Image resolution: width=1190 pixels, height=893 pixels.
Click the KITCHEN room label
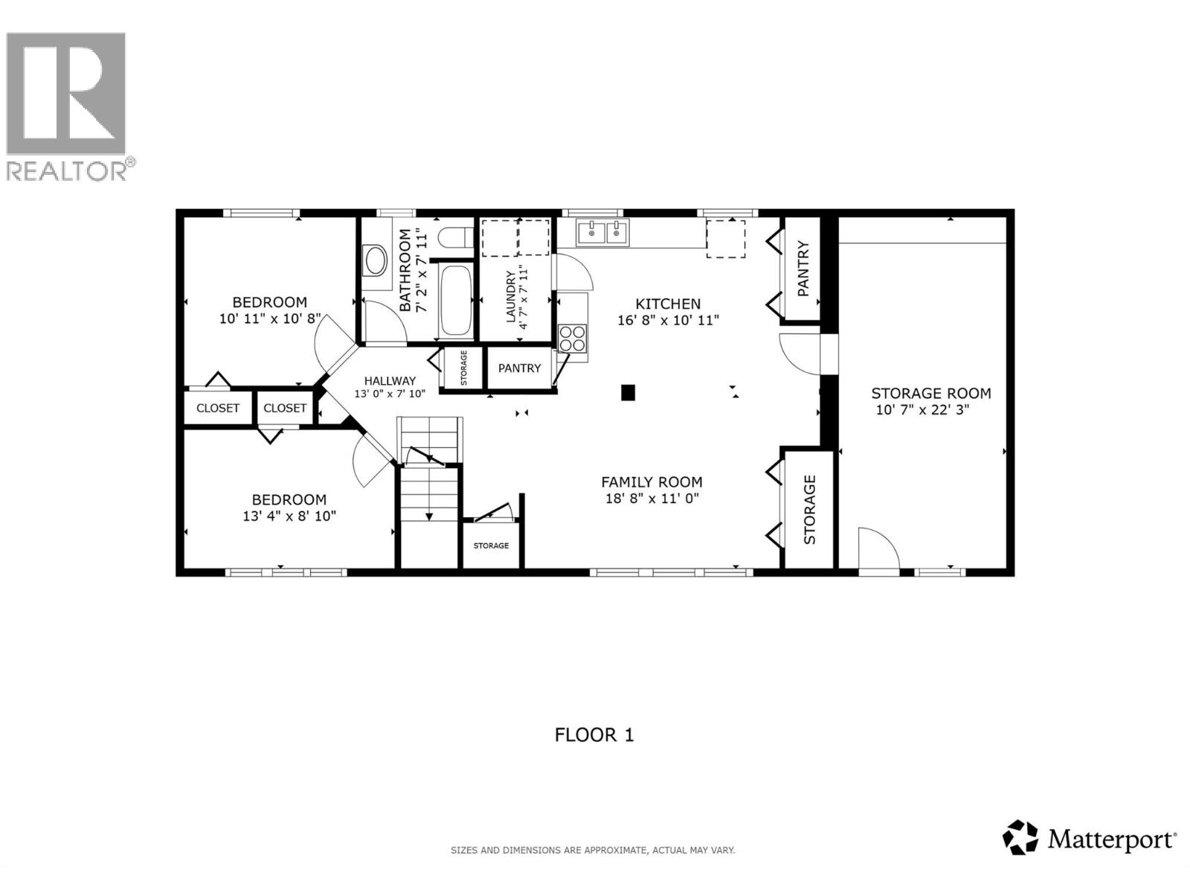tap(668, 304)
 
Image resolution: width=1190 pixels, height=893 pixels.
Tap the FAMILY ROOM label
tap(652, 482)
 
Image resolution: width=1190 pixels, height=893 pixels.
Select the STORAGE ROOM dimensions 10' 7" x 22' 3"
tap(922, 410)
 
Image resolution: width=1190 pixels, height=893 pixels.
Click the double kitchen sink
tap(603, 233)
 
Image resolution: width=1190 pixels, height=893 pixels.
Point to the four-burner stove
tap(573, 339)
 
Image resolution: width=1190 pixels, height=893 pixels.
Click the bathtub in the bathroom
tap(455, 301)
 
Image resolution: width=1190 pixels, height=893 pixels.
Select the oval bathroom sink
tap(375, 262)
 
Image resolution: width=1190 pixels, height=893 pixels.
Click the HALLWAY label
tap(390, 380)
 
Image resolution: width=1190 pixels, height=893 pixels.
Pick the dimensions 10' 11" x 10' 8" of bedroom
tap(269, 319)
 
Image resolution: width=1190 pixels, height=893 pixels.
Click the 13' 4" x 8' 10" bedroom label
tap(289, 500)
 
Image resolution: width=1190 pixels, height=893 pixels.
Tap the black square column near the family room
tap(628, 392)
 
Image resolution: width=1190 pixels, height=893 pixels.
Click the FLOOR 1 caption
tap(594, 735)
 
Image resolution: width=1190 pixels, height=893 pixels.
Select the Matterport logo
tap(1090, 840)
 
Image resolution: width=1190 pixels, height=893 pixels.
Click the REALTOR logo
tap(67, 104)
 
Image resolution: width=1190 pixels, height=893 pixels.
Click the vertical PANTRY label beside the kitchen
tap(803, 269)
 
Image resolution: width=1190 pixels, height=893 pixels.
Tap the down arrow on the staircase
tap(428, 515)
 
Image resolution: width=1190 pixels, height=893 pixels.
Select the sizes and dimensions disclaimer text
tap(593, 850)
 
